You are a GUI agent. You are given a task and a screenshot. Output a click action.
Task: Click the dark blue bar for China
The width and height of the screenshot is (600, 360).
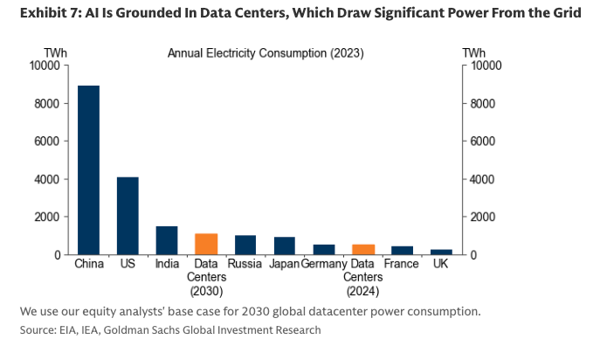(x=88, y=170)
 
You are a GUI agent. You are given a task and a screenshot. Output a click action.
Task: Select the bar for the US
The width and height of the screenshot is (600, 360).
(x=128, y=216)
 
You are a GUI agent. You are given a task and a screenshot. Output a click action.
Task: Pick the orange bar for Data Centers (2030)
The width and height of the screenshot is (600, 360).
(x=206, y=244)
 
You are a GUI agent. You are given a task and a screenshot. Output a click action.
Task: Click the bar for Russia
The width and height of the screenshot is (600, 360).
(x=245, y=245)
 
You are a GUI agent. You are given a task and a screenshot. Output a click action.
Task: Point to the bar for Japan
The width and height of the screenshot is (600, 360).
(x=285, y=246)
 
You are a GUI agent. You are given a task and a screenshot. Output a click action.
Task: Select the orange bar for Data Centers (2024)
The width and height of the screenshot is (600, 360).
(x=363, y=250)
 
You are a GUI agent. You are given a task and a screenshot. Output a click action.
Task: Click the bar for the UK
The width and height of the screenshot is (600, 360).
(x=442, y=252)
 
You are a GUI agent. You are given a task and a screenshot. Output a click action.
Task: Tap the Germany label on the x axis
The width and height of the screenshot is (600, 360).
(x=324, y=263)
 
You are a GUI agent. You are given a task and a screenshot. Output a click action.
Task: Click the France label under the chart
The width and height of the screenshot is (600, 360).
(x=403, y=263)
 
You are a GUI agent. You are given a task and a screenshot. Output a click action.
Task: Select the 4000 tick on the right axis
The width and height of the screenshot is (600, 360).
(x=483, y=179)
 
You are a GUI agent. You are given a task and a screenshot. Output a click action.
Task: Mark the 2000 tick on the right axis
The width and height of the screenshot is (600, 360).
(x=483, y=217)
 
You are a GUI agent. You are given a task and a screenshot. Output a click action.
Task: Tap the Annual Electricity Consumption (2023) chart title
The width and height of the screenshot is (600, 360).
(x=266, y=53)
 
